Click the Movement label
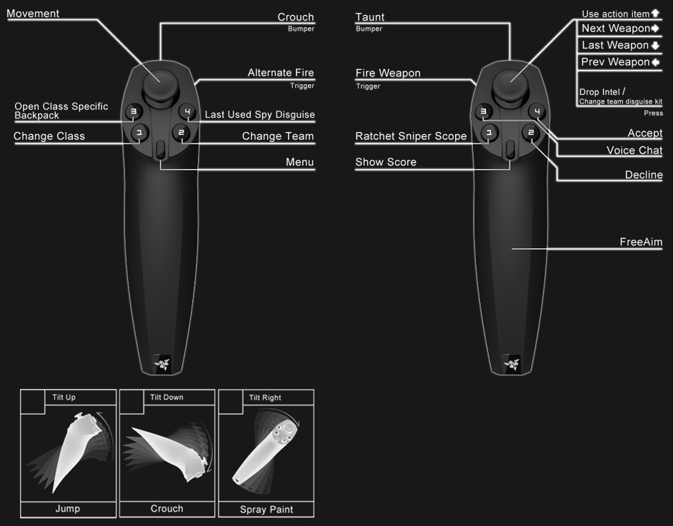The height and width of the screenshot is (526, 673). point(33,14)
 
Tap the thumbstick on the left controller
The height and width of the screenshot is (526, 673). point(161,84)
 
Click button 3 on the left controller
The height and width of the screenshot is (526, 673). point(133,111)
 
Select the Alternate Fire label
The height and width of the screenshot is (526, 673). point(281,73)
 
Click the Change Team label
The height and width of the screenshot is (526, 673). point(277,136)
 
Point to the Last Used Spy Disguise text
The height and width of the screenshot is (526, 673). point(259,115)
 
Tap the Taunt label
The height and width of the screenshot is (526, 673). point(370,17)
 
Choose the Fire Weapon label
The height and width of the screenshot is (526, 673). point(388,74)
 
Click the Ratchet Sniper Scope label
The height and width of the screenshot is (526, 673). point(411,136)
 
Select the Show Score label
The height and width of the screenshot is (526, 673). point(386,163)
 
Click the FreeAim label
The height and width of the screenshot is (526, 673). point(641,243)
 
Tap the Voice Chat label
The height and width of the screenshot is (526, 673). point(634,151)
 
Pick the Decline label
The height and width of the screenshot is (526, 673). point(644,175)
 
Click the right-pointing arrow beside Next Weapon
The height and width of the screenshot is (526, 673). point(655,29)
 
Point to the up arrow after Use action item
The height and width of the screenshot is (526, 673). point(655,14)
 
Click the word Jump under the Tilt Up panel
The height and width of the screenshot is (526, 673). point(68,509)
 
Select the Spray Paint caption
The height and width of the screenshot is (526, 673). point(266,510)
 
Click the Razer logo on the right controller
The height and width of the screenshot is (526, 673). point(510,362)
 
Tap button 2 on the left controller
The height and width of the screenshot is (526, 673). point(181,133)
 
